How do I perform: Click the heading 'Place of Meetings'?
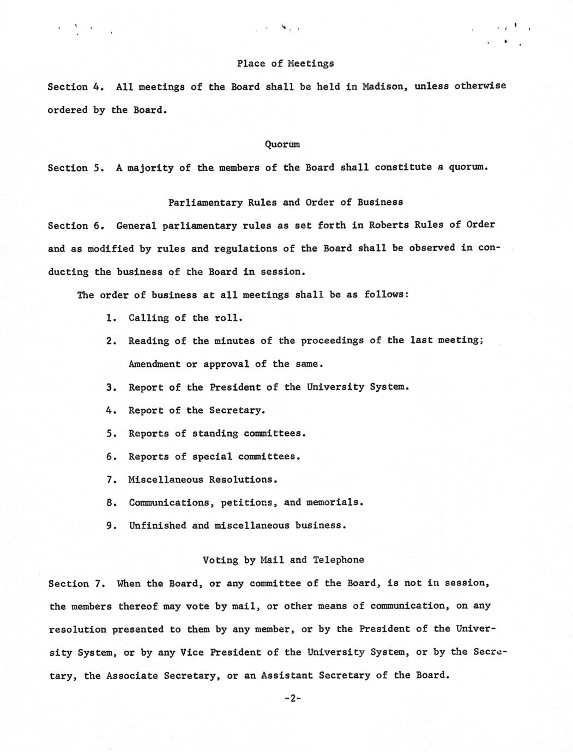(x=285, y=63)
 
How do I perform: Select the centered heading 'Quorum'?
(x=282, y=144)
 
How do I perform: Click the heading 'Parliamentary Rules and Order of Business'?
(x=285, y=202)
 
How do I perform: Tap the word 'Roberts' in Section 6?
(x=389, y=225)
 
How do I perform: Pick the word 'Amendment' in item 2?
(x=154, y=364)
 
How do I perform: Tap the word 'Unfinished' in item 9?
(x=158, y=526)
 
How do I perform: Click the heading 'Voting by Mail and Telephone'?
(x=283, y=560)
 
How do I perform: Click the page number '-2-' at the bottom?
(x=293, y=699)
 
